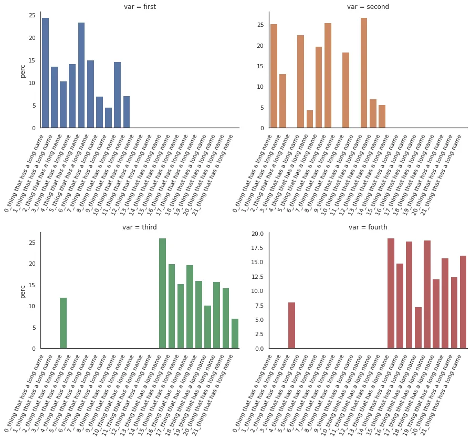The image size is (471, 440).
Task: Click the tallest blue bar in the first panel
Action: point(45,73)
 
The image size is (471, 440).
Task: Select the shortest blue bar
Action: point(108,118)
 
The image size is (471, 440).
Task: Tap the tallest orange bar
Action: point(364,73)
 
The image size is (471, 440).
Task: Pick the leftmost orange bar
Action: point(274,76)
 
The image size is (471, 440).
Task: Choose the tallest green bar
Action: point(162,294)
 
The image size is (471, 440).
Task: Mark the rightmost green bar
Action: point(235,333)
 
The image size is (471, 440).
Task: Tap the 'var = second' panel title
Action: point(368,7)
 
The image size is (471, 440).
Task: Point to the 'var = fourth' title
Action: point(368,227)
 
